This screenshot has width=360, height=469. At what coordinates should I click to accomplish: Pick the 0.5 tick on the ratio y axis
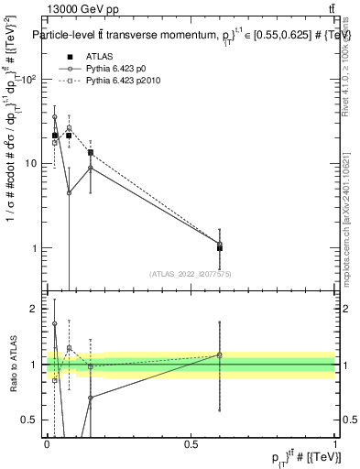point(35,420)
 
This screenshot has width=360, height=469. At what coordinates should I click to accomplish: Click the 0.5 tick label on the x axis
point(191,442)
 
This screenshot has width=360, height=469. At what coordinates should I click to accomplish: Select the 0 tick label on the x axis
point(47,442)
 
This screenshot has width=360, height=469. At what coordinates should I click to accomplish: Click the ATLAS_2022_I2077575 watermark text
point(191,274)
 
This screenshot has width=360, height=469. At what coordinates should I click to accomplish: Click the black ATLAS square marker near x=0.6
point(220,247)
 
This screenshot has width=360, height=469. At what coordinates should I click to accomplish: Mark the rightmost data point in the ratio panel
point(220,354)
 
